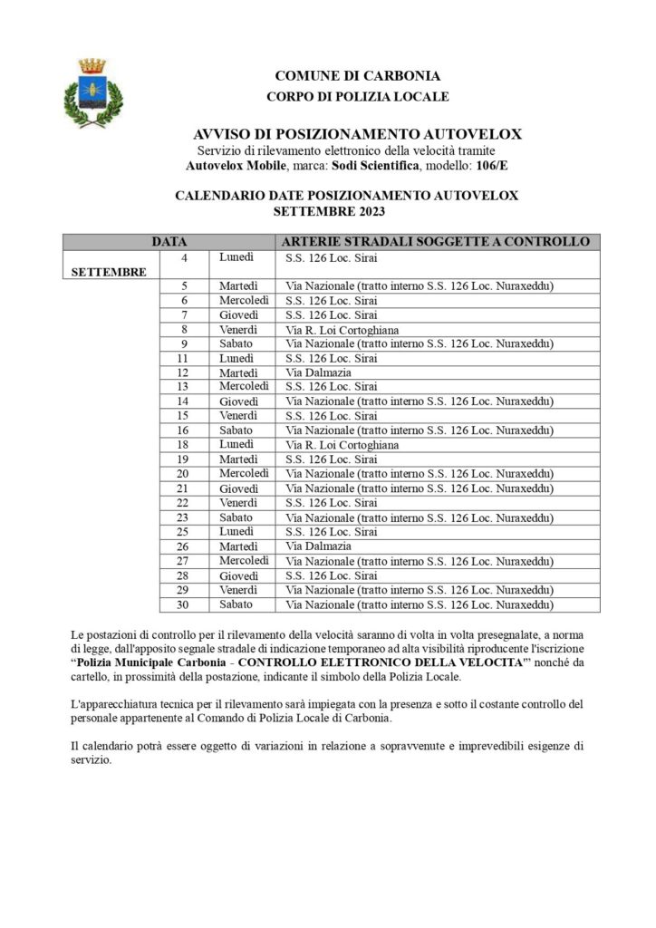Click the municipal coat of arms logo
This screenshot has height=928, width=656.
[92, 92]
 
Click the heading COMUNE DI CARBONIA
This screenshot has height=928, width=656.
[358, 76]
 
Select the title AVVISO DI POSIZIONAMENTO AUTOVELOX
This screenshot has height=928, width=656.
[358, 133]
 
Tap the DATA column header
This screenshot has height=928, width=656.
[169, 242]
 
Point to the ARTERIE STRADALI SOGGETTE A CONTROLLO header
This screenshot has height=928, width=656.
[436, 242]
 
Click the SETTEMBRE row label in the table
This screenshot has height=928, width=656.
[109, 271]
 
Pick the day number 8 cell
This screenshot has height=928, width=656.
[184, 330]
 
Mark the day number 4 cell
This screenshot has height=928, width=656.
[185, 258]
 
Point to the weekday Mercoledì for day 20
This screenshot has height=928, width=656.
[244, 474]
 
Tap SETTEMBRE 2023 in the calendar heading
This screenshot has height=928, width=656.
[329, 212]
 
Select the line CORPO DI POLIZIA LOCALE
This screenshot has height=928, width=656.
[358, 96]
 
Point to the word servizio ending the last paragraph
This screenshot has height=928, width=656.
[91, 760]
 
